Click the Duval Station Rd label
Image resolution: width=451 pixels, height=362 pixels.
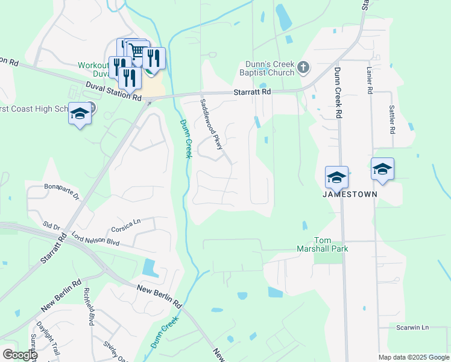pos(113,92)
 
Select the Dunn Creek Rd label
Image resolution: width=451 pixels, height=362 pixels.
pos(338,93)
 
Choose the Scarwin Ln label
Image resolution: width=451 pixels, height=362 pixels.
pos(412,328)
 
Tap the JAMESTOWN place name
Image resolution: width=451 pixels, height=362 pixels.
pos(350,194)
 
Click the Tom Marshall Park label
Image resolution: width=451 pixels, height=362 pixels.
pos(322,244)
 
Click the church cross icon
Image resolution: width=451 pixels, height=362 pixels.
pos(303,67)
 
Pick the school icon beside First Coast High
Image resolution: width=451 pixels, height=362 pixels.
pos(80,113)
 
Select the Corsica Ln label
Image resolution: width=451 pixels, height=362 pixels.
pos(125,229)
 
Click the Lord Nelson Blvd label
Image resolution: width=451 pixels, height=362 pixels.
pos(95,238)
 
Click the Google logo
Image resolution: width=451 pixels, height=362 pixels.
pos(19,354)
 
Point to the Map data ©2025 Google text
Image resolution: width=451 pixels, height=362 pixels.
pos(413,357)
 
